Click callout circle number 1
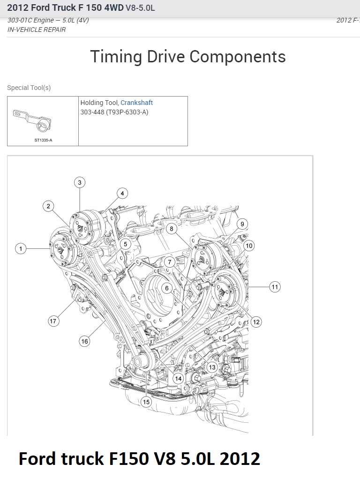point(21,248)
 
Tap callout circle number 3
point(80,182)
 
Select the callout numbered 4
point(122,194)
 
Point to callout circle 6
point(167,288)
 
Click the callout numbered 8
point(172,229)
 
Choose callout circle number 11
point(275,287)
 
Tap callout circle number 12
point(256,322)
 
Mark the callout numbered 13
point(212,367)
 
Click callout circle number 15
point(146,402)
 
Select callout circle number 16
point(84,341)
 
